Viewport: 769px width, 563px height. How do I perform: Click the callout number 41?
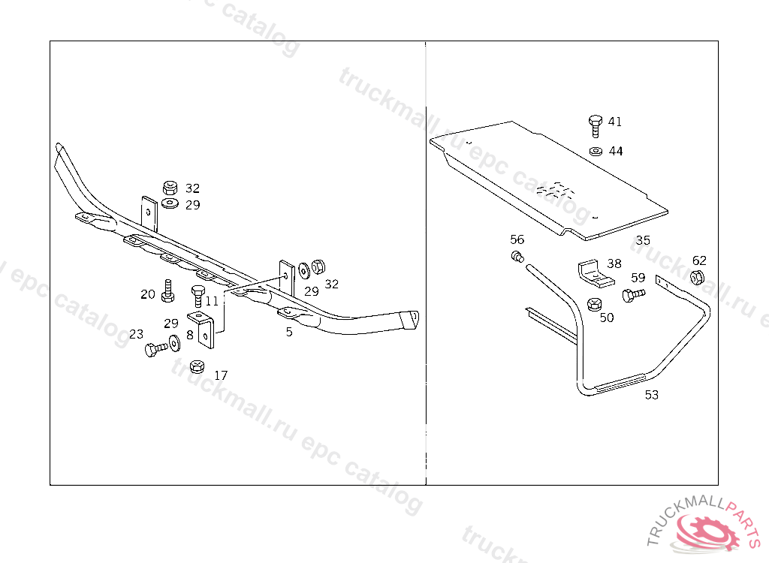click(x=614, y=121)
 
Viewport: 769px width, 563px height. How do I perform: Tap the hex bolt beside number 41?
click(x=595, y=126)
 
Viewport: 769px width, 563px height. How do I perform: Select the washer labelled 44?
click(x=596, y=152)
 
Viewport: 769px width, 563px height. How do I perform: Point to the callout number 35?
click(x=643, y=240)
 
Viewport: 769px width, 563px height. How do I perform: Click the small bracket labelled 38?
click(x=595, y=275)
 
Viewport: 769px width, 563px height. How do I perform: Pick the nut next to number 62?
click(x=697, y=277)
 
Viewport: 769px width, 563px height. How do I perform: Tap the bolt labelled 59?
click(x=633, y=295)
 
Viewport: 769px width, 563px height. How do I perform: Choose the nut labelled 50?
click(x=594, y=305)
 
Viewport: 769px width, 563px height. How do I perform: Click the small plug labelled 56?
click(x=517, y=257)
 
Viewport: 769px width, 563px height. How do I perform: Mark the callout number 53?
click(x=651, y=395)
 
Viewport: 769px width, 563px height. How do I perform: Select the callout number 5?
click(x=289, y=332)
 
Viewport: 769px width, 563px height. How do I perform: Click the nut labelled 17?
click(x=197, y=366)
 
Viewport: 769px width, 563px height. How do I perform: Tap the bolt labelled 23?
click(x=156, y=349)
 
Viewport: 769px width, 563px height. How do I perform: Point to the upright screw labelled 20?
click(x=167, y=291)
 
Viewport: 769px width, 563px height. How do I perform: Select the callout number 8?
click(x=190, y=336)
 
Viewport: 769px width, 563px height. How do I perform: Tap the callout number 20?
click(x=148, y=294)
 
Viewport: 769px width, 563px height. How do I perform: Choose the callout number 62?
click(x=699, y=260)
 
